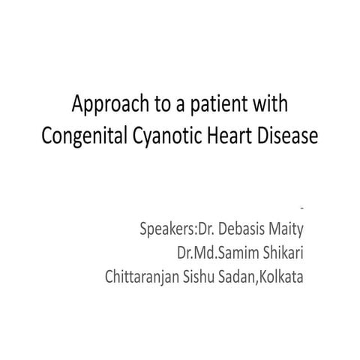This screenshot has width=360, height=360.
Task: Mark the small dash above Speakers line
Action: [x=301, y=204]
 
